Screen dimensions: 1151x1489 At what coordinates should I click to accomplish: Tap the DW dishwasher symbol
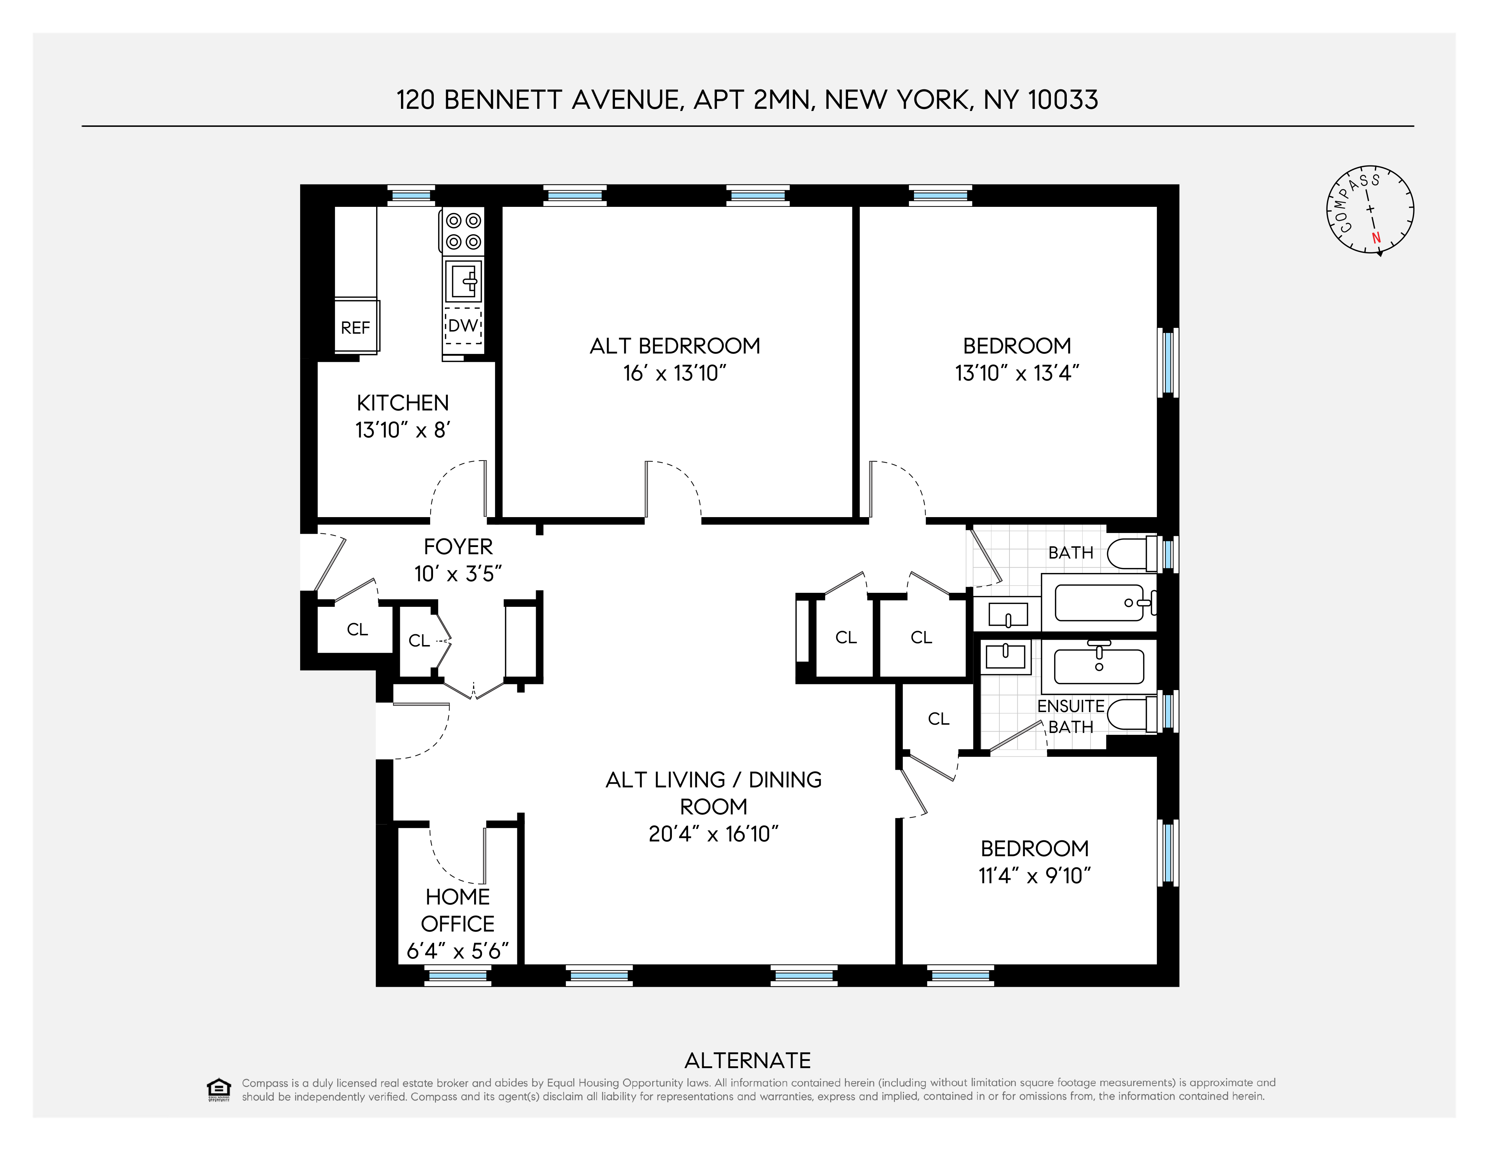(x=463, y=326)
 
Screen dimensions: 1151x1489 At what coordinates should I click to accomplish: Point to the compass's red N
(x=1376, y=238)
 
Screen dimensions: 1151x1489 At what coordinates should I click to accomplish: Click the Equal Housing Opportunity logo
(x=218, y=1090)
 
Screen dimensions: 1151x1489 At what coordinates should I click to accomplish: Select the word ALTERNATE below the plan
(x=747, y=1061)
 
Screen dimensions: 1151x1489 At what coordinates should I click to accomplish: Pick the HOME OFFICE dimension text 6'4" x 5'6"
(x=458, y=951)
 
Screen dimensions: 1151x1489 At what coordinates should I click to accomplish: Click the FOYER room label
(x=458, y=547)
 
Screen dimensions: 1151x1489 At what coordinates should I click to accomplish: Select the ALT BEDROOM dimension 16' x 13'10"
(x=674, y=373)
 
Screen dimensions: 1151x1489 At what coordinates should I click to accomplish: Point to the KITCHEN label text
(x=402, y=403)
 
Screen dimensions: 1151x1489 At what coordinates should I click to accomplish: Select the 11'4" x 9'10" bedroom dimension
(x=1034, y=876)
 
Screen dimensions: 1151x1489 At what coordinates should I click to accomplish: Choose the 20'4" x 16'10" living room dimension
(x=713, y=834)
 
